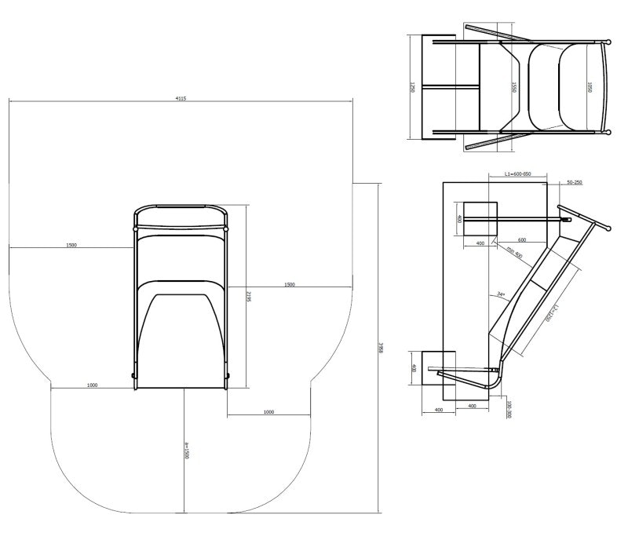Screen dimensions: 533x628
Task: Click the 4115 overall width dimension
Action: (x=181, y=98)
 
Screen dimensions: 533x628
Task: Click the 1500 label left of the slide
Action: (x=71, y=246)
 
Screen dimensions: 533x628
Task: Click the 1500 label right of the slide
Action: (x=290, y=284)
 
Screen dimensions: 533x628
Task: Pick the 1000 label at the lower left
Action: (x=93, y=385)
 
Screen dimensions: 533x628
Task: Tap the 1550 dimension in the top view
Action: (x=513, y=86)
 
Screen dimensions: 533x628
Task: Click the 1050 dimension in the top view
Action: (x=589, y=86)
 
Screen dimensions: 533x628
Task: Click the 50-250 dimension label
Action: (x=574, y=182)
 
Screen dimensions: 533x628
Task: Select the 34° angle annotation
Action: (x=500, y=295)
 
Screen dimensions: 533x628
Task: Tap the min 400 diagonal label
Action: (x=514, y=253)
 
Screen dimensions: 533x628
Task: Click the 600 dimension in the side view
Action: (x=521, y=240)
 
